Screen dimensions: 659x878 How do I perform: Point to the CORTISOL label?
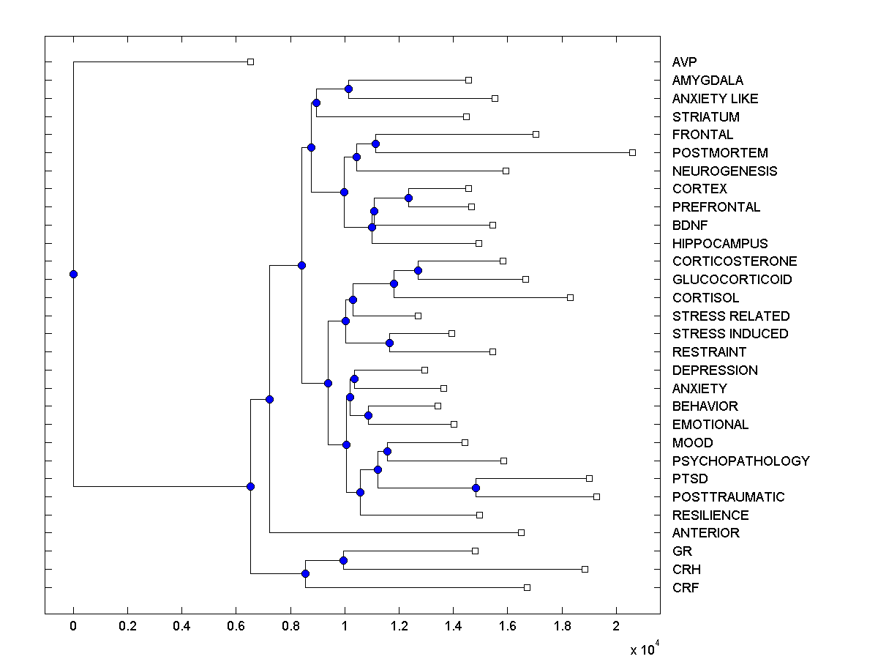click(x=705, y=298)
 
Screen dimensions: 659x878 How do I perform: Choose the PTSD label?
click(x=690, y=479)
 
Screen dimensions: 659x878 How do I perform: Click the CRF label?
click(x=686, y=587)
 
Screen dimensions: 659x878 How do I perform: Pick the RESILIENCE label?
click(x=710, y=515)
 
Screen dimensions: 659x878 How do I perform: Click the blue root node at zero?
click(x=73, y=274)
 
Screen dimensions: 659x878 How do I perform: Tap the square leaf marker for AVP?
click(x=250, y=62)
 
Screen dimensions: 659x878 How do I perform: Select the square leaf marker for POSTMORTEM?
click(x=632, y=152)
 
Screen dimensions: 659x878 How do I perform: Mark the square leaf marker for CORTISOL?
click(x=570, y=297)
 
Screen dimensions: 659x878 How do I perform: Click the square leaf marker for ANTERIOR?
click(x=521, y=532)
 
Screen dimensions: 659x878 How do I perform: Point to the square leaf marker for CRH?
click(x=585, y=569)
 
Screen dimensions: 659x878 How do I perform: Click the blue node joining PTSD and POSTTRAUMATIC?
click(x=476, y=488)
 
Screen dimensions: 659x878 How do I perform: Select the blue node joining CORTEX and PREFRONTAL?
click(x=409, y=198)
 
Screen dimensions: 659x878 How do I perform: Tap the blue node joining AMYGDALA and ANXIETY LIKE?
click(x=348, y=89)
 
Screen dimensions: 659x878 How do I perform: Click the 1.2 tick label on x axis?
click(x=399, y=627)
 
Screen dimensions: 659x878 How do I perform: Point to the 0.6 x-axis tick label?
click(x=236, y=627)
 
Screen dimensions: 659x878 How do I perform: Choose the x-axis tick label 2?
click(x=616, y=627)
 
